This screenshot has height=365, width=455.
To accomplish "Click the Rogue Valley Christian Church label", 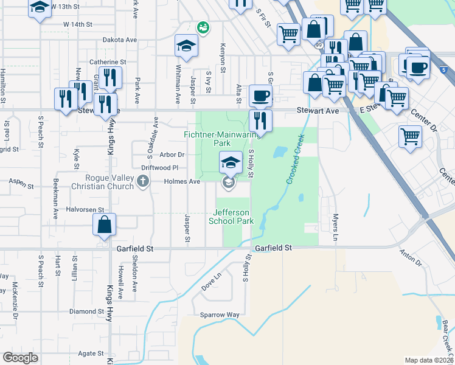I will [109, 181].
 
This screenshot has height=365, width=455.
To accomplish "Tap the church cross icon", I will [142, 181].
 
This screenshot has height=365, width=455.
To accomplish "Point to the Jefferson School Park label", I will [231, 217].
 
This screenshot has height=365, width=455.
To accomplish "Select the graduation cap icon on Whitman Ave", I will [186, 44].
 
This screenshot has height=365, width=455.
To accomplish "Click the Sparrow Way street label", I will [220, 315].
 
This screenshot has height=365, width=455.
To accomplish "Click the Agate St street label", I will [91, 353].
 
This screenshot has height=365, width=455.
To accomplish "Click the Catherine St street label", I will [108, 62].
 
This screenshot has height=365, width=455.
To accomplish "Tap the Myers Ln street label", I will [335, 226].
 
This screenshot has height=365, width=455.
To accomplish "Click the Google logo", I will [20, 358].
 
